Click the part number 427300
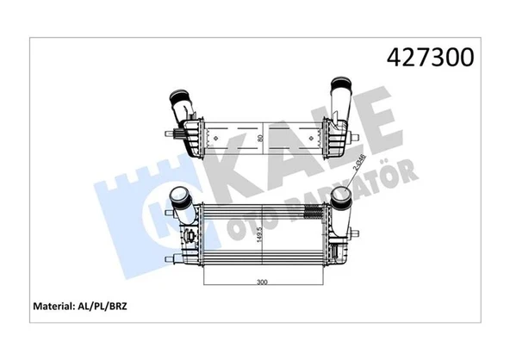click(x=430, y=58)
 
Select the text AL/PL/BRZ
click(x=103, y=307)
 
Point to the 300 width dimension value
click(x=262, y=282)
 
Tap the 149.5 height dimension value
click(x=259, y=234)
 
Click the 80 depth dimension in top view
click(x=259, y=138)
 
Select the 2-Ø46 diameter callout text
click(x=360, y=162)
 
